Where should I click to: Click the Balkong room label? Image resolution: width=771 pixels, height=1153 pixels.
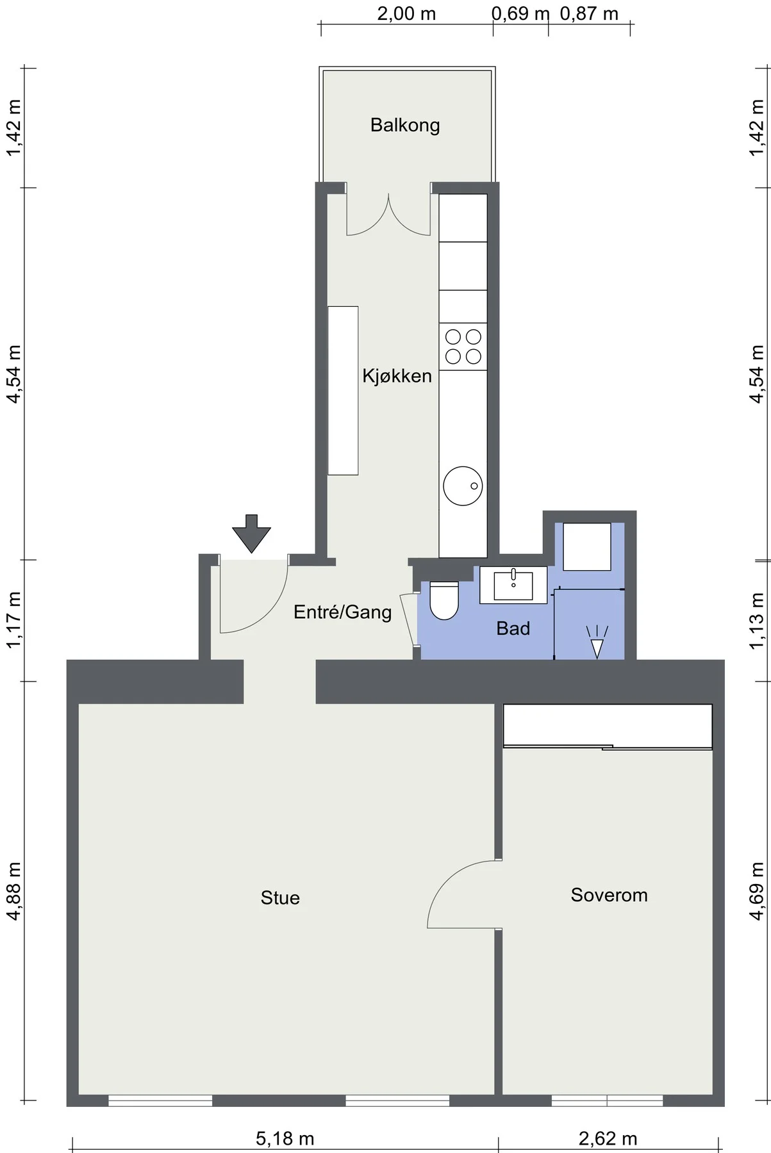coord(405,125)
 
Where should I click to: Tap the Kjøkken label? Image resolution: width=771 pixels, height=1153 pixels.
coord(397,375)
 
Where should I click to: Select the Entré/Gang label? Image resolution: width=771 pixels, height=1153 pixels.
coord(342,612)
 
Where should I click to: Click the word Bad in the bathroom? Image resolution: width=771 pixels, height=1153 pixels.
coord(513,628)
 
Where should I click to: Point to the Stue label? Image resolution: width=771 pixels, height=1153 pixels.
coord(280,897)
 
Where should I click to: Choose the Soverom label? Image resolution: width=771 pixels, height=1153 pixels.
coord(609,895)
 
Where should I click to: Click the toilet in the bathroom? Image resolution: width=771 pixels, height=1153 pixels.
coord(445,600)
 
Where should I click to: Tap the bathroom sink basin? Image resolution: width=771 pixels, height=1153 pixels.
coord(513,585)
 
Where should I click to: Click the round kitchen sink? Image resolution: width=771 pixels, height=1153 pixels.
coord(463,486)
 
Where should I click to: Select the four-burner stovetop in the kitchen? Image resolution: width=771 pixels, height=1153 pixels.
coord(463,346)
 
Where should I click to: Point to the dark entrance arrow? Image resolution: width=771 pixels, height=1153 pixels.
coord(251,533)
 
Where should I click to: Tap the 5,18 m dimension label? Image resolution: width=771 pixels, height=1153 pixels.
coord(285,1138)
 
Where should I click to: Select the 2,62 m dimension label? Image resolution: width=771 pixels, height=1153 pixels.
coord(608,1138)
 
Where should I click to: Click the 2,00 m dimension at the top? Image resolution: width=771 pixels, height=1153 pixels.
coord(406,13)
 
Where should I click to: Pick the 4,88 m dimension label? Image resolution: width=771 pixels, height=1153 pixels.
coord(13,891)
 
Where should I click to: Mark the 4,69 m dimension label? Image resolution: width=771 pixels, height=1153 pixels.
coord(757,891)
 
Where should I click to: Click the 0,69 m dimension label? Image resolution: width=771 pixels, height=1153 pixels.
coord(520,13)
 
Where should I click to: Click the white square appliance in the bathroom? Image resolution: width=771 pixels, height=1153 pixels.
coord(587,546)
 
